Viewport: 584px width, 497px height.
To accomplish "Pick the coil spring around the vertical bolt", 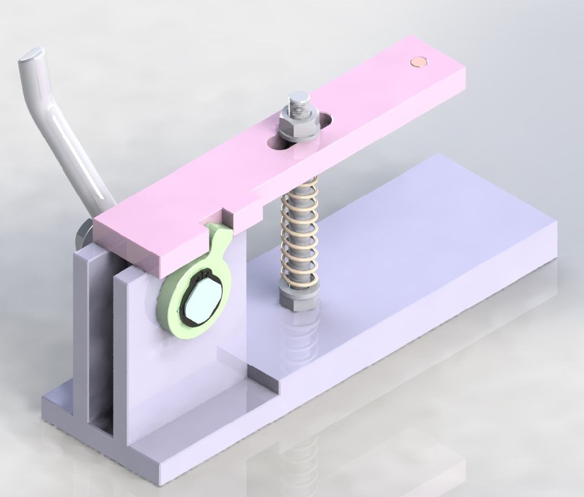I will click(x=299, y=233).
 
